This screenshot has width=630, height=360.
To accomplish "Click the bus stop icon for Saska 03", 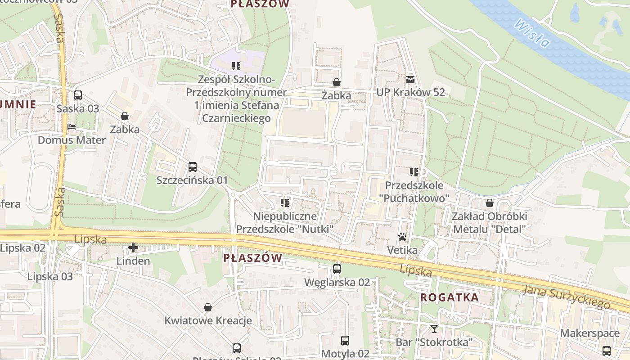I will pos(78,95).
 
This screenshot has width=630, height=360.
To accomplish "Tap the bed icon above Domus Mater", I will pos(72,127).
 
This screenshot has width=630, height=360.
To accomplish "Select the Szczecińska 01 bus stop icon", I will pos(193,167).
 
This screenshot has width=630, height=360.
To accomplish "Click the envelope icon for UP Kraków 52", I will pos(410,80).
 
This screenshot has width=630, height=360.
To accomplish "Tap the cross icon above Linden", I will pos(133,247).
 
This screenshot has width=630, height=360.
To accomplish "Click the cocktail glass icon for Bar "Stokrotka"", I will pos(434,329).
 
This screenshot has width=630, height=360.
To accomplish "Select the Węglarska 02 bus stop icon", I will pos(337,269).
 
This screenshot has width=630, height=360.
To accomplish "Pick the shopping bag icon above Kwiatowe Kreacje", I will pos(208,307).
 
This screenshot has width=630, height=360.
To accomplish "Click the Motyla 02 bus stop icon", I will pos(345,341).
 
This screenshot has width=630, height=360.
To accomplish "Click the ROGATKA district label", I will pos(450,297).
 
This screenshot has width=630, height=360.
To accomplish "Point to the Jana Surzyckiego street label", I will pos(567,297).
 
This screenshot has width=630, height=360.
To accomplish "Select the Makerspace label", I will pos(589,333).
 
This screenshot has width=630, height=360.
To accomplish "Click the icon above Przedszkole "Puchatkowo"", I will pos(414,172).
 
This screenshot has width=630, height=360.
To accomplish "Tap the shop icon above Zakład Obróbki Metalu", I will pos(490,203).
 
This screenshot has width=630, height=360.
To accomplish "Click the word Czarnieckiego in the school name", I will pos(236,118).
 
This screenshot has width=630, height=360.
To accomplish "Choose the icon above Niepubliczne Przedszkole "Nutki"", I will pos(284,203).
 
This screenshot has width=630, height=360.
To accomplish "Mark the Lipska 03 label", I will pos(50,276).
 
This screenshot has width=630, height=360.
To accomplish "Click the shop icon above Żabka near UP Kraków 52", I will pos(336,82).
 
